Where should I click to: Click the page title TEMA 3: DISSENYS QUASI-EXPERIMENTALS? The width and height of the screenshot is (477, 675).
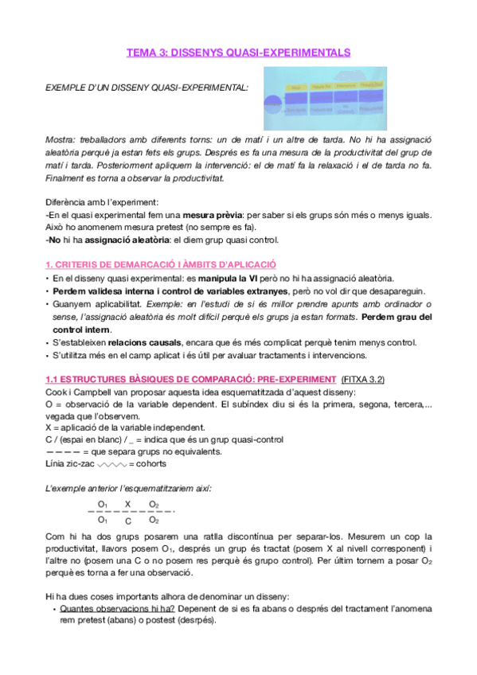[238, 53]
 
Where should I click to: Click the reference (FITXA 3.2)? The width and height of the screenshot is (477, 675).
[362, 380]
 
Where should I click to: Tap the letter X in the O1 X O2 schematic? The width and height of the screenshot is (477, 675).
[127, 505]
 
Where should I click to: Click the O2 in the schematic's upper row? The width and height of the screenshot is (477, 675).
[154, 505]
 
